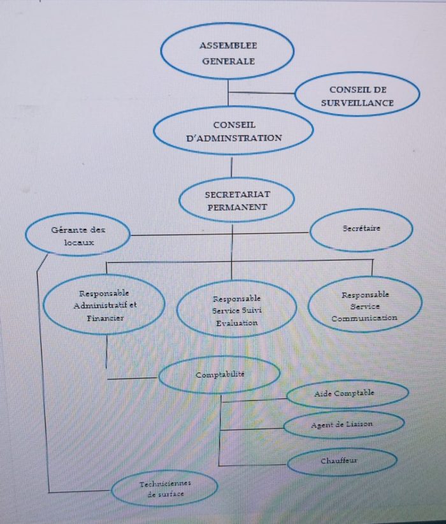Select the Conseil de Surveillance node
[357, 96]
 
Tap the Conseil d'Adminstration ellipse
[234, 131]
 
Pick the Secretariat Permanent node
[236, 200]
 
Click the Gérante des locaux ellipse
[78, 235]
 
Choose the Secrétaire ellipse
[361, 229]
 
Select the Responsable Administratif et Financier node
[106, 305]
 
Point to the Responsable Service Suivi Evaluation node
[236, 310]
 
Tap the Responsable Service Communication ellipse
[365, 305]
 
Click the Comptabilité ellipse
[219, 374]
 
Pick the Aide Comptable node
[347, 393]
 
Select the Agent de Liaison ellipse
[343, 424]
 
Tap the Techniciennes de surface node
[164, 489]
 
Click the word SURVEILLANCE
[357, 103]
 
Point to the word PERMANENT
[237, 207]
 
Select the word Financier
[106, 317]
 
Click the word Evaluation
[236, 323]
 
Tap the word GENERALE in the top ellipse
[228, 61]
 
